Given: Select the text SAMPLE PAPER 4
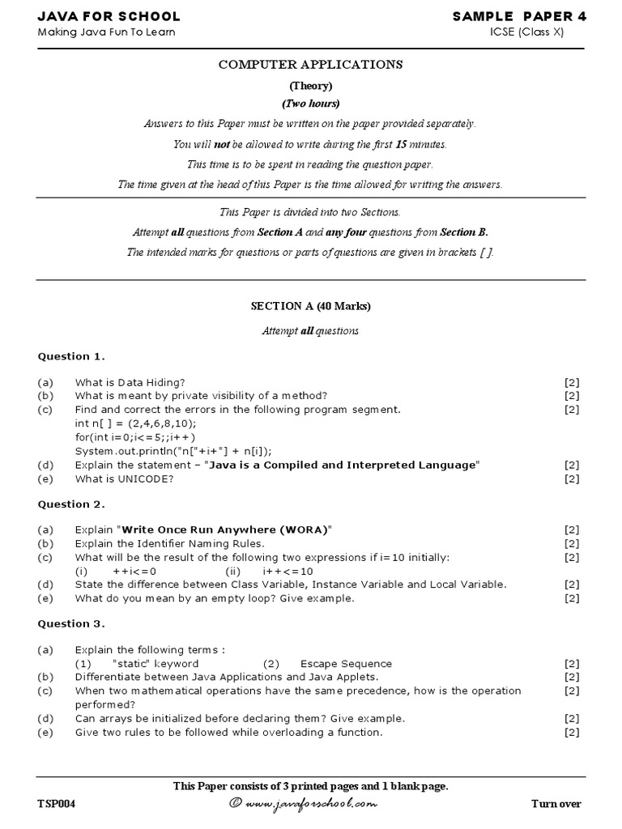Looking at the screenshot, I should (518, 16).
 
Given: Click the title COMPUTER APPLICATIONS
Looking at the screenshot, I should (311, 65).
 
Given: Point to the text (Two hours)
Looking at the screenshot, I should (311, 104).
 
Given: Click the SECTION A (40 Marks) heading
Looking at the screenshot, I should (311, 306).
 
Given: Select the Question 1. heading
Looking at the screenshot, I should (71, 356).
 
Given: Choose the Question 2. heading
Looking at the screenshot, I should (71, 504).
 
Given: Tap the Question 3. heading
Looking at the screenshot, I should (71, 623).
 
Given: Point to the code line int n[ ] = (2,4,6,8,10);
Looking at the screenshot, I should (135, 423).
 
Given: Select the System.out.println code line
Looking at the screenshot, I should (173, 451).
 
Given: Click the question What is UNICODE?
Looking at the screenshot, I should (124, 478).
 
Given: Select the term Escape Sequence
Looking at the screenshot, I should (346, 663).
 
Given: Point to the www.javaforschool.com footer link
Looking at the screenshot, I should (311, 804).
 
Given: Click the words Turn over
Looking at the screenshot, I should (556, 804).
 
